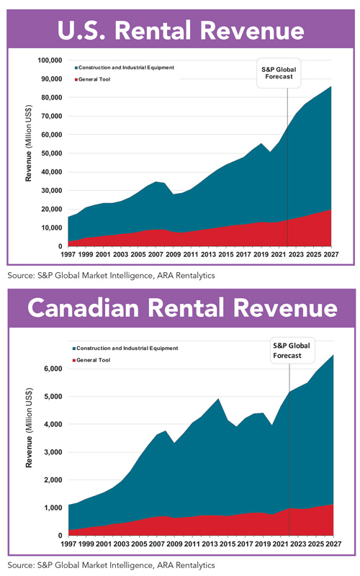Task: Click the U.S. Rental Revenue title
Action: click(x=180, y=30)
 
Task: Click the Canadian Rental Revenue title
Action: click(x=180, y=309)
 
